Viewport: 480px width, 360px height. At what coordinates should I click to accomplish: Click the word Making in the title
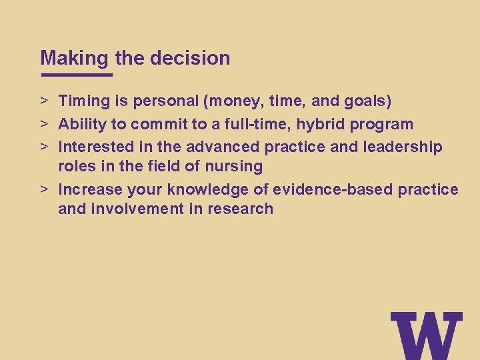click(x=73, y=58)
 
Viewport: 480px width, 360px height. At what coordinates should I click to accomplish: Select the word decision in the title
click(x=190, y=58)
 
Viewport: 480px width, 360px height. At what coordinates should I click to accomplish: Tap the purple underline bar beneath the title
click(x=77, y=75)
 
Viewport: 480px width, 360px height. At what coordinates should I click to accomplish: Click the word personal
click(x=167, y=101)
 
